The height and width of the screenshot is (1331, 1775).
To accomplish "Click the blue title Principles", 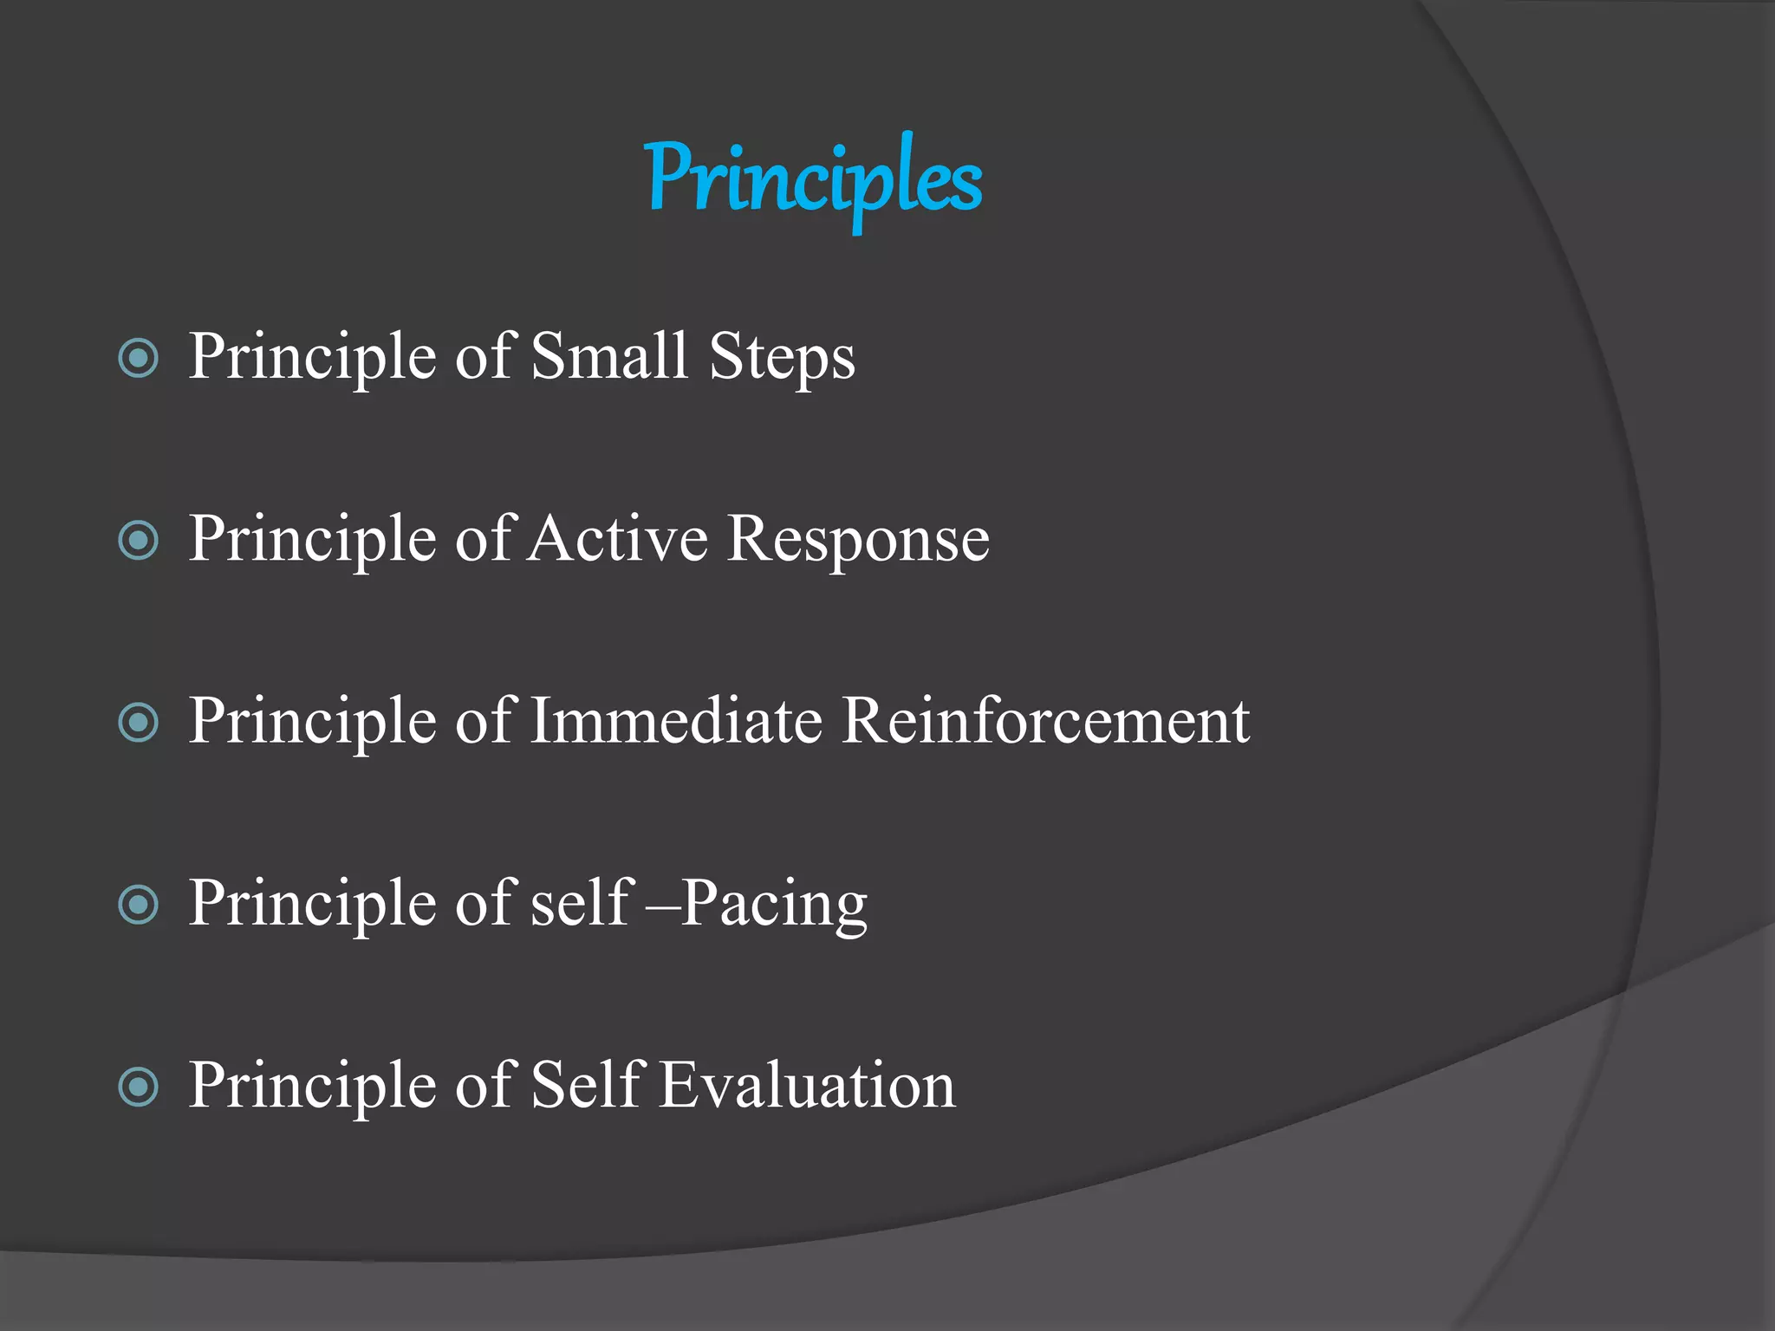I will tap(814, 179).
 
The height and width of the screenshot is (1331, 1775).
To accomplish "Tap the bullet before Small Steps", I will tap(138, 359).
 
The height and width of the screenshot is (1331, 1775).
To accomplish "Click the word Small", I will tap(608, 356).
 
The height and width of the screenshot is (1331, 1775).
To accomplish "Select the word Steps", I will tap(782, 358).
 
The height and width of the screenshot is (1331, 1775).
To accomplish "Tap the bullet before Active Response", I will tap(138, 541).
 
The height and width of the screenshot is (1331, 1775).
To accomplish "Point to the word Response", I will tap(858, 540).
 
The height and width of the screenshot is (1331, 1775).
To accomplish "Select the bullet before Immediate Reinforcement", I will tap(138, 723).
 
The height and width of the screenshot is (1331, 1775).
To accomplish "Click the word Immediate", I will tap(676, 720).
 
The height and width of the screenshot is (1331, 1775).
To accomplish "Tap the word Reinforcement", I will tap(1045, 720).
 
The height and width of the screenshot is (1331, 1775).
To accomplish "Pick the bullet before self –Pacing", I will tap(138, 906).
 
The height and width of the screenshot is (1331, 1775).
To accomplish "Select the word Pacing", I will tap(774, 904).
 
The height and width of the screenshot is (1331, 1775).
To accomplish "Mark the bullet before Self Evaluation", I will tap(138, 1087).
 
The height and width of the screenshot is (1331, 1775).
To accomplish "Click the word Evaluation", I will tap(807, 1084).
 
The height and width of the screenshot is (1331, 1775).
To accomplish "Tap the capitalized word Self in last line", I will tap(585, 1084).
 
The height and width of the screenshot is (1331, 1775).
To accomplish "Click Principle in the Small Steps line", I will tap(312, 356).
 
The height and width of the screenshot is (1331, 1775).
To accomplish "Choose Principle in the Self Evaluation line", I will tap(312, 1084).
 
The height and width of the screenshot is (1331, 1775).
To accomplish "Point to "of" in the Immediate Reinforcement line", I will tap(486, 720).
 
